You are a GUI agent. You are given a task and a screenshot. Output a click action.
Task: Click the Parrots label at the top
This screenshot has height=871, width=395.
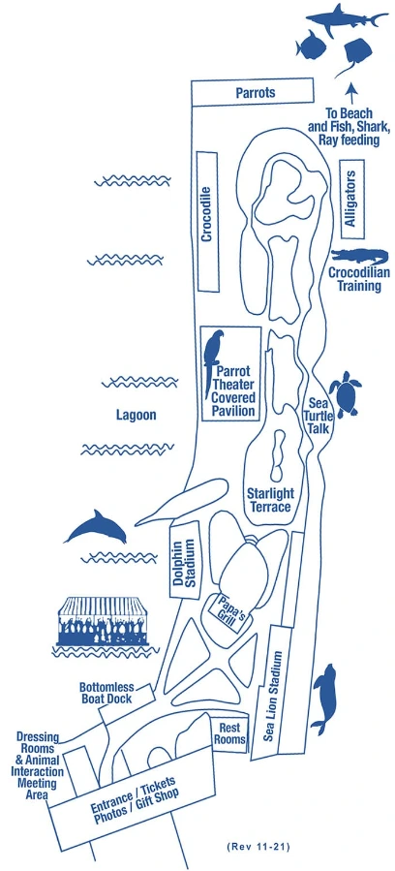256,92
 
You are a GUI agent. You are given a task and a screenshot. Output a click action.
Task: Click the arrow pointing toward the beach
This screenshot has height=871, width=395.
350,92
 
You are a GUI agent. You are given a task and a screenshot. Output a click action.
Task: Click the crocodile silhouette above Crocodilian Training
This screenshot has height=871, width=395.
360,258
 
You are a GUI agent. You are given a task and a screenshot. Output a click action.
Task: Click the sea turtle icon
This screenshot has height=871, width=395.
345,393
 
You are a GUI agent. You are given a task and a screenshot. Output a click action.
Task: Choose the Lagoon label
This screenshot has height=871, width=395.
136,415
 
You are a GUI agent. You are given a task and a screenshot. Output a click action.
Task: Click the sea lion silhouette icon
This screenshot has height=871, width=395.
324,699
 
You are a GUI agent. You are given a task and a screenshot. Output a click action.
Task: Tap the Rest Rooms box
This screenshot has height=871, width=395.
231,733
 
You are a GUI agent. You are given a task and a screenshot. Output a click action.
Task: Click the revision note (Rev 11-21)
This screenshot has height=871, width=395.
258,847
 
